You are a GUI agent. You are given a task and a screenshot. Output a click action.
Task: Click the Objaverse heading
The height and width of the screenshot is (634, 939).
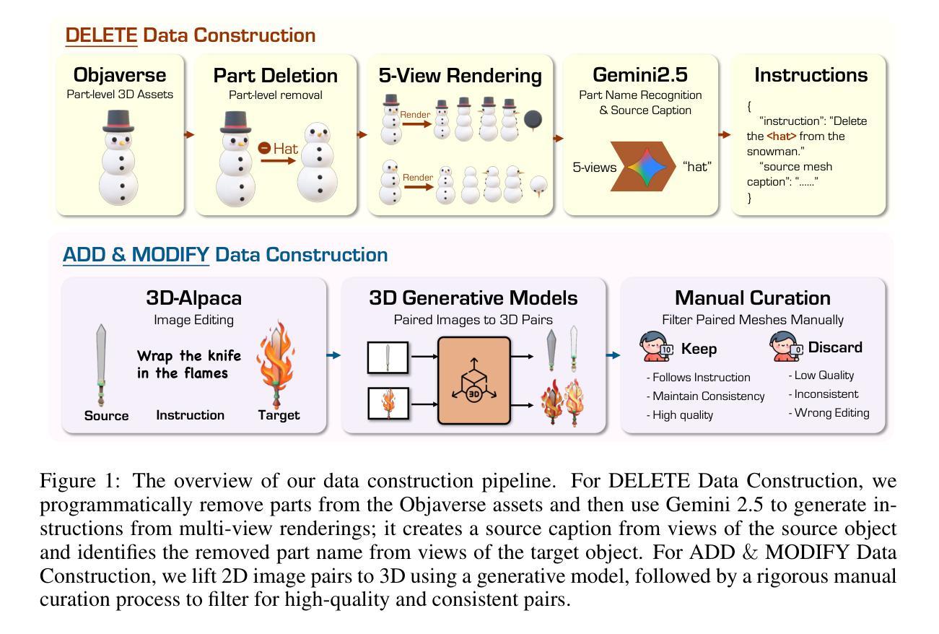click(x=120, y=75)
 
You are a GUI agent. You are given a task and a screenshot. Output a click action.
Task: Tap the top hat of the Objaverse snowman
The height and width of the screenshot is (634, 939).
click(x=119, y=120)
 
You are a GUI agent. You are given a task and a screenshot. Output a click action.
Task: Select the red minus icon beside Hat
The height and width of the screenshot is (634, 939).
click(x=264, y=149)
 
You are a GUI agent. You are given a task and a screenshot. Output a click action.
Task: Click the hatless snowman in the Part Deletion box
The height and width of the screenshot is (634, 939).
click(x=318, y=165)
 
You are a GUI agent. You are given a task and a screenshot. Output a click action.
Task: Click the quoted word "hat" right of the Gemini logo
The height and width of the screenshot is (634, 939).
click(x=696, y=167)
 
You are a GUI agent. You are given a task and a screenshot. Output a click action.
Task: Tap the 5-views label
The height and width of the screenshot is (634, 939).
click(x=595, y=167)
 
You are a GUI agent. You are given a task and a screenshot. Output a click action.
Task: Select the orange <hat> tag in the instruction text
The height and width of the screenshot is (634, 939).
click(x=782, y=136)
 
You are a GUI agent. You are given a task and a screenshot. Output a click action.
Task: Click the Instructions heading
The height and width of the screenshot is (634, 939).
click(x=811, y=75)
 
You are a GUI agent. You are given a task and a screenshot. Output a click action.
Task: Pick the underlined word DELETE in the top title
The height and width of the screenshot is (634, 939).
click(x=101, y=35)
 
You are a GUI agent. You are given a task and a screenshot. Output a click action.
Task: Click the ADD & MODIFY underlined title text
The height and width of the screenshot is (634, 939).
click(x=136, y=255)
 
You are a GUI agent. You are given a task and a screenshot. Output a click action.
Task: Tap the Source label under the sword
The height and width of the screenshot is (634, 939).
click(x=106, y=415)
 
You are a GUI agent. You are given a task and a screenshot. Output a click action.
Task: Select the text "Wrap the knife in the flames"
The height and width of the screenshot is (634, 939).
click(x=189, y=364)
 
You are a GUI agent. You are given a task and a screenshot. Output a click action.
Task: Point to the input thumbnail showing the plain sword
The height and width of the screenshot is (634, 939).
click(x=388, y=357)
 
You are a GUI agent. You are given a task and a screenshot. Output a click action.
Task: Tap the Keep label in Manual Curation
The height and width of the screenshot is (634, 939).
click(x=699, y=349)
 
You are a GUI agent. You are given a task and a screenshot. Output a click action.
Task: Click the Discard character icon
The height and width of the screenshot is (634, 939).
click(x=786, y=347)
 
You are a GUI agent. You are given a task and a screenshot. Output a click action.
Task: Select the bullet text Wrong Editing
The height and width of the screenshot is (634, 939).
click(x=831, y=413)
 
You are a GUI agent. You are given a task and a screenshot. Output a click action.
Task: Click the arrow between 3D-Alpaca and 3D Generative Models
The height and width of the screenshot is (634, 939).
click(x=333, y=355)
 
